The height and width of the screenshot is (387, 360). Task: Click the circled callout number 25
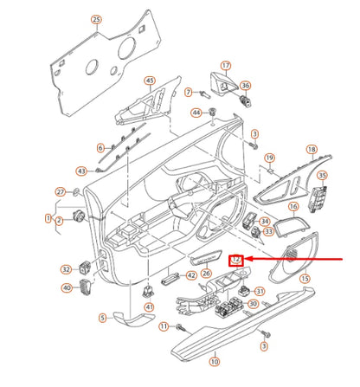[96, 19]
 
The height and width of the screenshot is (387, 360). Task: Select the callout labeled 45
[149, 82]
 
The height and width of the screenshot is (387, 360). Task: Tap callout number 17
[226, 66]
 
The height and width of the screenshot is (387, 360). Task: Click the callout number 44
[196, 113]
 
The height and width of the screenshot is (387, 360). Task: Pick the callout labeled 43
[81, 171]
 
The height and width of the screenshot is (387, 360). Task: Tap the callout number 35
[323, 177]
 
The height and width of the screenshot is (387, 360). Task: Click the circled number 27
[61, 191]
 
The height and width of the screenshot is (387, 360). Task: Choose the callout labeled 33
[267, 232]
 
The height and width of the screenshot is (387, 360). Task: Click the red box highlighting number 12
[235, 258]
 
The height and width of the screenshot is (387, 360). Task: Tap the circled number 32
[66, 270]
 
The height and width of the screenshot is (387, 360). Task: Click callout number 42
[191, 274]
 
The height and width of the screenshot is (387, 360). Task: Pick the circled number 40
[66, 287]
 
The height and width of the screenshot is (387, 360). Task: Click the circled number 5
[104, 319]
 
